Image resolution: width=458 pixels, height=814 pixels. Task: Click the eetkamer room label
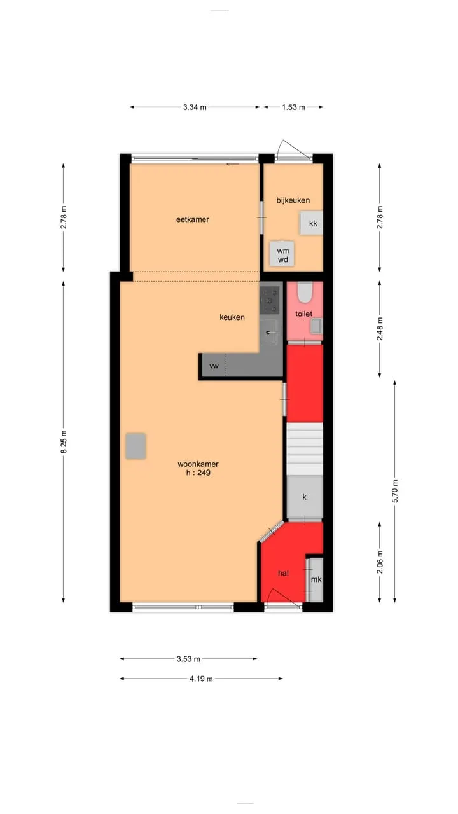point(193,219)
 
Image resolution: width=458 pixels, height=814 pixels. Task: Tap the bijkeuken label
point(293,200)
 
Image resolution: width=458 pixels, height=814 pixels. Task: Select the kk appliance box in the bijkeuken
point(311,223)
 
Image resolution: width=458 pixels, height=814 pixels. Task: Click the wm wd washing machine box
point(282,254)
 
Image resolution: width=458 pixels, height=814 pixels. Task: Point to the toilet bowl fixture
point(305,293)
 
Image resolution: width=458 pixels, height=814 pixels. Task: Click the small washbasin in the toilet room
point(316,326)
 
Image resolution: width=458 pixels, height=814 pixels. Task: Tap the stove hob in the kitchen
point(269,300)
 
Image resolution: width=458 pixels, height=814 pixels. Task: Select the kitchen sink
point(269,332)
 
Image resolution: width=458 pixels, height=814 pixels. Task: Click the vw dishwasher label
point(214,366)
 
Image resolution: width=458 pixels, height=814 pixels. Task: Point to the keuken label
point(232,317)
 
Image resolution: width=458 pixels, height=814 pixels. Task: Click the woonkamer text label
point(198,464)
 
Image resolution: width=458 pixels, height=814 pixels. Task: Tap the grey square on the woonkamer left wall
point(135,446)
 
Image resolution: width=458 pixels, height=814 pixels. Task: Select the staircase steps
point(305,449)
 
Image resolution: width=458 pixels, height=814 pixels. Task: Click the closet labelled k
point(305,497)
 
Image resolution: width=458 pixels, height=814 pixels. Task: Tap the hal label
point(283,573)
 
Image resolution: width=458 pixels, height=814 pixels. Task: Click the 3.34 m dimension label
point(195,107)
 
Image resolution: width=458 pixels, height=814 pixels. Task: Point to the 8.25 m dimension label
point(64,441)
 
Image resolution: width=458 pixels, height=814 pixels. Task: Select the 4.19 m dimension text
point(201,679)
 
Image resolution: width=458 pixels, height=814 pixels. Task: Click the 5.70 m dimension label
point(395,492)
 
